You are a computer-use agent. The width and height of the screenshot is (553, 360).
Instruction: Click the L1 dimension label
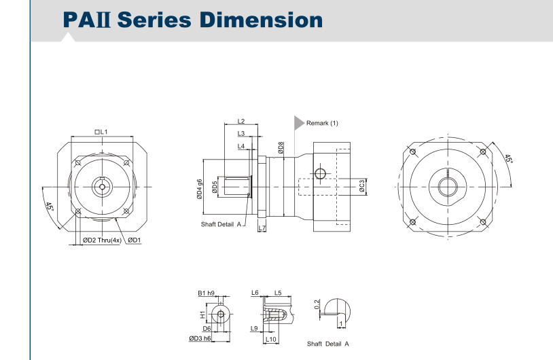pos(102,132)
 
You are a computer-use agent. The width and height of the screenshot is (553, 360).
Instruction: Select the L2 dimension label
pos(241,122)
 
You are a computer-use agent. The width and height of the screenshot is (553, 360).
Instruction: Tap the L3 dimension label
pos(241,134)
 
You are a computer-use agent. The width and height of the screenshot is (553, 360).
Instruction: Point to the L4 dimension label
pos(241,146)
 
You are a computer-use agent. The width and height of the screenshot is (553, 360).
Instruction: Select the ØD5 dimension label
pos(215,187)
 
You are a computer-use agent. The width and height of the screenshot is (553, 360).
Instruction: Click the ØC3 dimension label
pos(363,185)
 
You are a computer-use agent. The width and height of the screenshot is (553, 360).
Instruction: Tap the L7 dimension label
pos(262,228)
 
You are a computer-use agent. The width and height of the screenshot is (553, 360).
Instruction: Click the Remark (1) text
pos(322,123)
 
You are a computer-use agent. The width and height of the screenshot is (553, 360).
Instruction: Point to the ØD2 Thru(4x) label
pos(101,240)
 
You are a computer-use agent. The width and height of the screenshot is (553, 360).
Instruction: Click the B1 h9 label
pos(206,293)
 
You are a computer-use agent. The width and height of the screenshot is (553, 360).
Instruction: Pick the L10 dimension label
pos(270,338)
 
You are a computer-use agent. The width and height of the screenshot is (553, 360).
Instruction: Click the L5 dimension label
pos(278,293)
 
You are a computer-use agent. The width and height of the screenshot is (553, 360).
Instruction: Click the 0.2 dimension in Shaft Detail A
pos(317,305)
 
